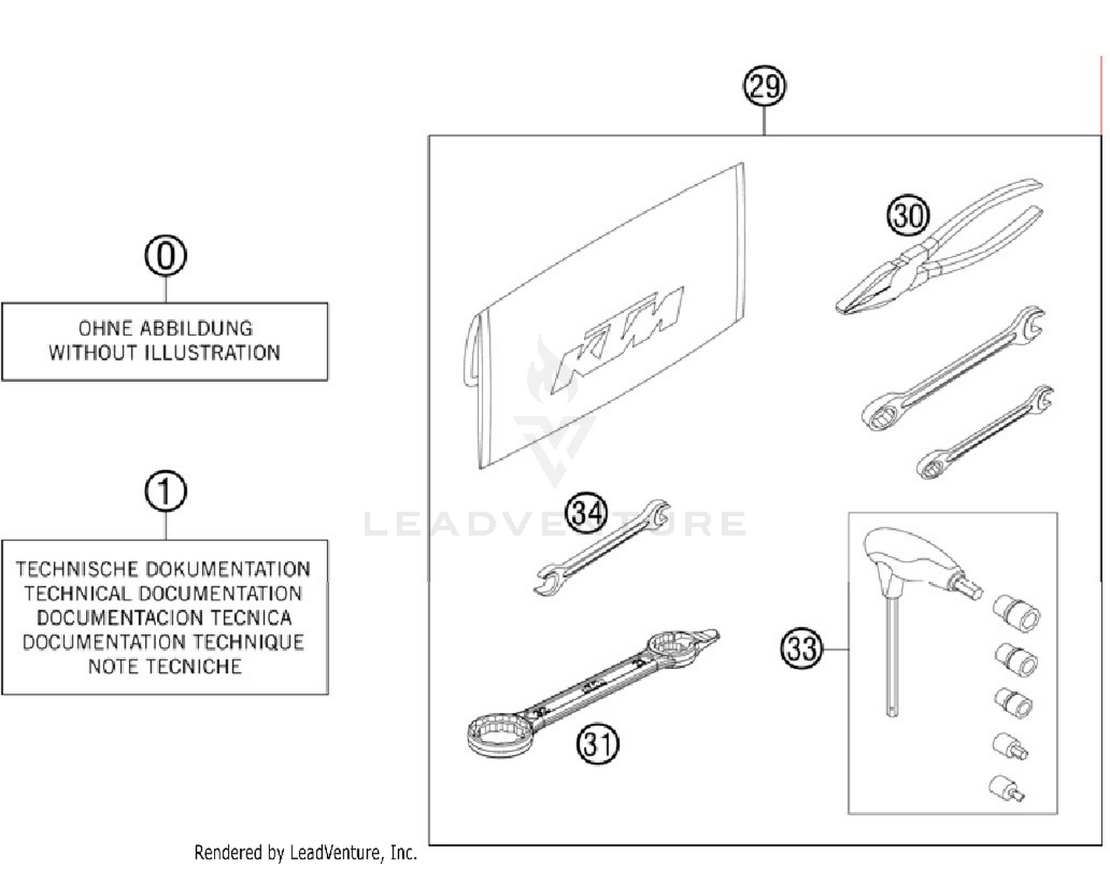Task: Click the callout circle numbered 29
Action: click(764, 86)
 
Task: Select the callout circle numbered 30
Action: click(907, 215)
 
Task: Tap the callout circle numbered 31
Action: click(597, 743)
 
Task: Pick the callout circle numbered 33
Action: click(801, 648)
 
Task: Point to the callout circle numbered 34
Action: click(586, 513)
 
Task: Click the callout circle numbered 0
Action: click(165, 256)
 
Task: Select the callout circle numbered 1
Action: click(165, 492)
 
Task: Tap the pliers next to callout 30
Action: click(940, 252)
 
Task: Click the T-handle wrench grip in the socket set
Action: click(910, 559)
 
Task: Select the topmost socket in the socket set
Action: click(1017, 614)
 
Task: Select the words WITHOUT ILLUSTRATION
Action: click(164, 353)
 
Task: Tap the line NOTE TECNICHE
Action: click(164, 666)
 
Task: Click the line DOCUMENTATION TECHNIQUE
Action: click(164, 642)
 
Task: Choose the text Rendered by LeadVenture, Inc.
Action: click(305, 853)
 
